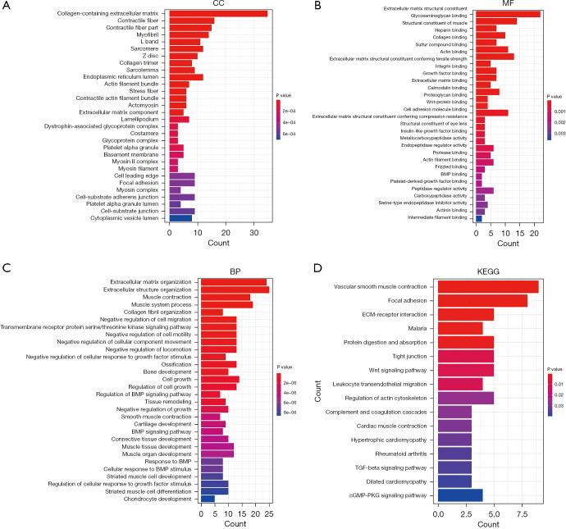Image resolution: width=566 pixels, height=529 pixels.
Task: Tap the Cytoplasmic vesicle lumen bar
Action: click(180, 219)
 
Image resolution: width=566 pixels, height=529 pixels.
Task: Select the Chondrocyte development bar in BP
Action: click(208, 498)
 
